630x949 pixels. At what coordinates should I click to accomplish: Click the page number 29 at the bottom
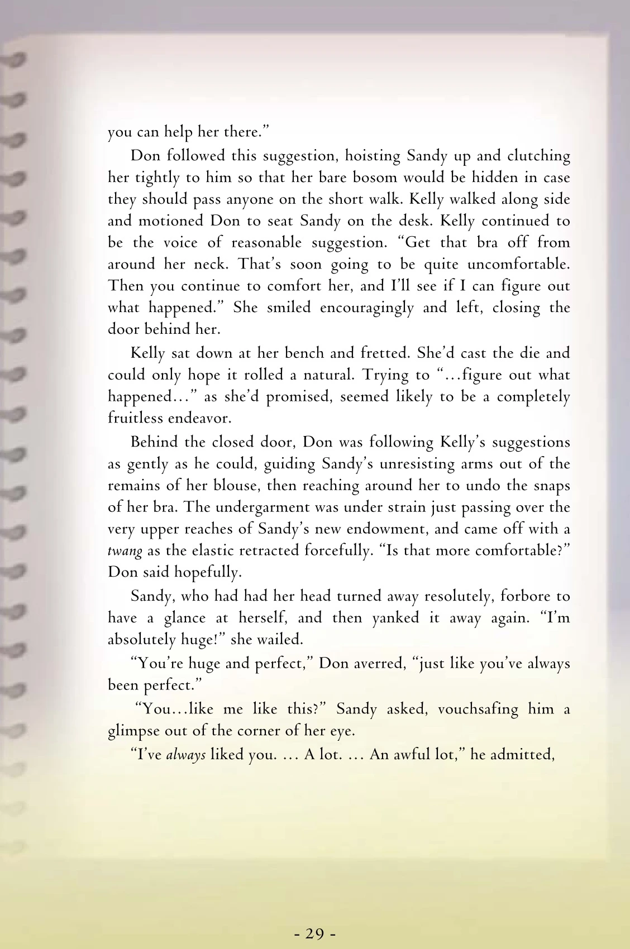click(315, 933)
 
